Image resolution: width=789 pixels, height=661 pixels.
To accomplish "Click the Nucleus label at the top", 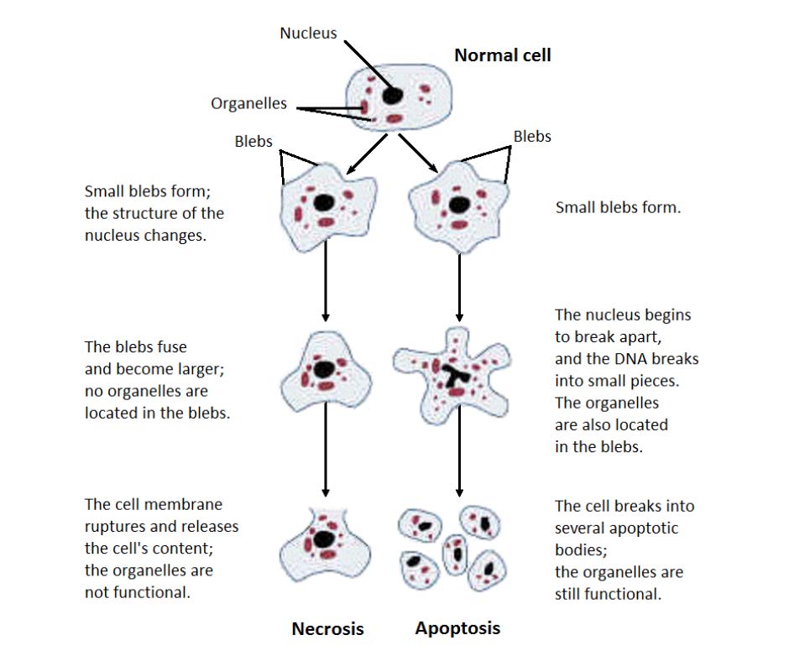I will (308, 34).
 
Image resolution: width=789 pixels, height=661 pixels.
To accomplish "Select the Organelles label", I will (248, 104).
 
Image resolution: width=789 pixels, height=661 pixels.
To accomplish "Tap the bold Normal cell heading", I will (502, 55).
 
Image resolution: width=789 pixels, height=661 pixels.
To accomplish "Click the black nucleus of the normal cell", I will (392, 95).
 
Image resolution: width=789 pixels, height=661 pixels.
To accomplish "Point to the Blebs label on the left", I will (253, 141).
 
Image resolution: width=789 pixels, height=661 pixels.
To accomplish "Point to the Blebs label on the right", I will (532, 136).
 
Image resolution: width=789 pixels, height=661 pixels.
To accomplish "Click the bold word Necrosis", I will (327, 628).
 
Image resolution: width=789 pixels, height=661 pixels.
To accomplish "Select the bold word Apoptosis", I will (457, 627).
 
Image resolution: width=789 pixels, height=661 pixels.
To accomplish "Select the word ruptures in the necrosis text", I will (116, 527).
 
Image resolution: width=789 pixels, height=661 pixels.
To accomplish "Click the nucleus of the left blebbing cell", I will (322, 202).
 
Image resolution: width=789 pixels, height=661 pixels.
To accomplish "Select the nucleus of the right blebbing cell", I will (458, 205).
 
